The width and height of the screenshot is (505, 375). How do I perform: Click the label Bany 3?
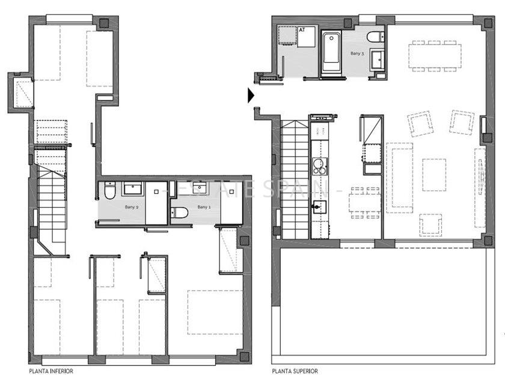(x=357, y=54)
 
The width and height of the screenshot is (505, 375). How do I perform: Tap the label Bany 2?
(x=132, y=207)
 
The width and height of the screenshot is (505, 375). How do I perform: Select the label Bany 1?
(x=204, y=207)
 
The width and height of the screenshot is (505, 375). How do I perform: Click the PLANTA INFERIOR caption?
(x=51, y=371)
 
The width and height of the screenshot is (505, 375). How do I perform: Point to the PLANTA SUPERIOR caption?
(x=295, y=371)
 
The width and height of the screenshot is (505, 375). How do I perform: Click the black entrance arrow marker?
(x=251, y=95)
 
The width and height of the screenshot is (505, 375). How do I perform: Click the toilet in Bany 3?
(x=375, y=37)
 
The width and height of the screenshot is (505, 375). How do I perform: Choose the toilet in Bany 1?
(x=180, y=212)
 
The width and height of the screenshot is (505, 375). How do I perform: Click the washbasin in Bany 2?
(x=133, y=190)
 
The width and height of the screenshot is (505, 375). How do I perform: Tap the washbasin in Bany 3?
(x=378, y=59)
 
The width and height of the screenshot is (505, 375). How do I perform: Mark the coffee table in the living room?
(x=433, y=175)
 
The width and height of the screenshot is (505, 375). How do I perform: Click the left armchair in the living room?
(x=420, y=123)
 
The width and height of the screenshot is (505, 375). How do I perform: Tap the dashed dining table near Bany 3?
(x=433, y=56)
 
